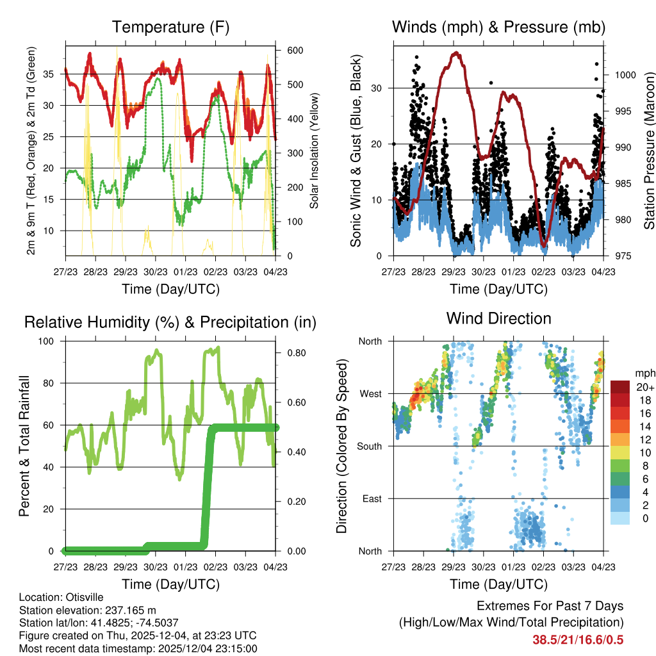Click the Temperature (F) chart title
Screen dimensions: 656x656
[170, 28]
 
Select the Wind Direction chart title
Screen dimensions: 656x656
[498, 318]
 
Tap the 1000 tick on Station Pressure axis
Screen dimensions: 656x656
[625, 75]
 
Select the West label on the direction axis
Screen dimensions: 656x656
[370, 393]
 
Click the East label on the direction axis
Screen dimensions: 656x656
[371, 498]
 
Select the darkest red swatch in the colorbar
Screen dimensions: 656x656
[620, 387]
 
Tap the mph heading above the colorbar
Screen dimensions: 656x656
[643, 373]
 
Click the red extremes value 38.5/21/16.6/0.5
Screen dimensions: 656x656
[578, 639]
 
